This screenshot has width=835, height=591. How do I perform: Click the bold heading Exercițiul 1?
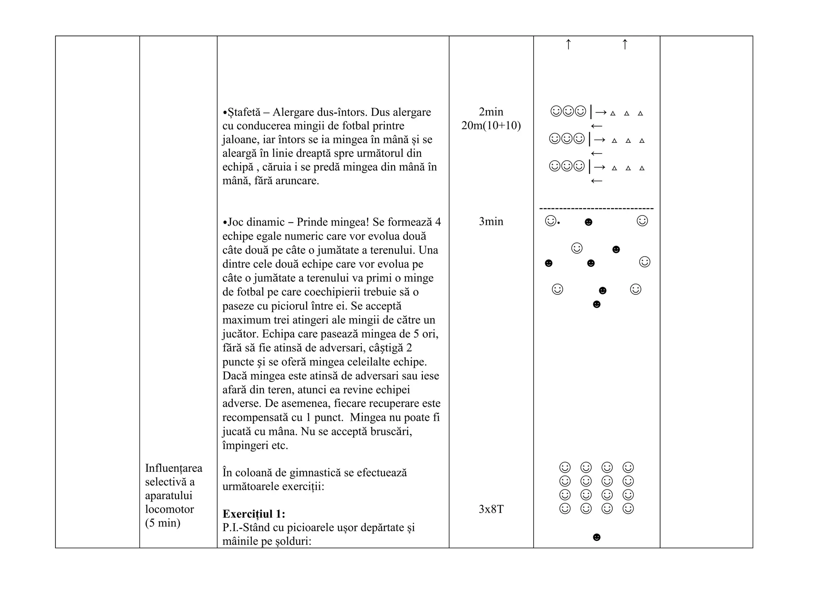point(254,513)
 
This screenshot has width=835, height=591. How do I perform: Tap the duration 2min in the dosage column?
point(491,112)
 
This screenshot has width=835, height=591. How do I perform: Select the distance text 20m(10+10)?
point(491,126)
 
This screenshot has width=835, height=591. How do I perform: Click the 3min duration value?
point(491,222)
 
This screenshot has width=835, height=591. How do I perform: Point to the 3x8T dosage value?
point(491,509)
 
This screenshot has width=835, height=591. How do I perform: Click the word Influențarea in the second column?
point(174,468)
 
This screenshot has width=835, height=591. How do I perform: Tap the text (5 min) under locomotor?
point(163,523)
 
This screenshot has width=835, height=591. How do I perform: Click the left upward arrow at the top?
point(568,44)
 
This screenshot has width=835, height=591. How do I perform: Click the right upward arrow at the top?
point(625,44)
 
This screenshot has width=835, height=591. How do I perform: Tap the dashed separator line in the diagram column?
point(596,209)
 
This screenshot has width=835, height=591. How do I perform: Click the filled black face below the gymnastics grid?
point(596,538)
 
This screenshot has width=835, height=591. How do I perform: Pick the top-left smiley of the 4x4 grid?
point(565,467)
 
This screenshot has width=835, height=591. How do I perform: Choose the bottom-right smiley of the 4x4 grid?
point(628,509)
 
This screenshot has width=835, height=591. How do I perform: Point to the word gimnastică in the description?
point(321,473)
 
